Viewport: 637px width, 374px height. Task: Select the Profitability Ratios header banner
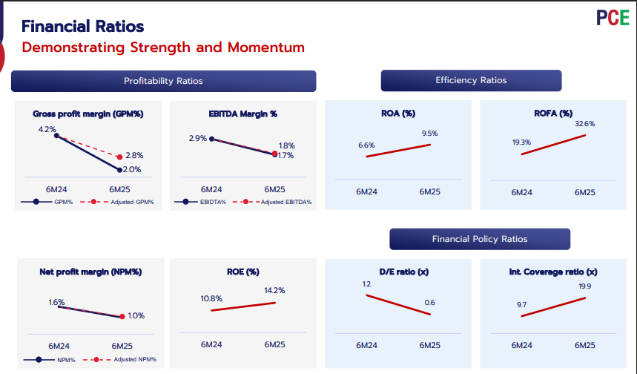163,81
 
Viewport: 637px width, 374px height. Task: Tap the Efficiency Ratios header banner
471,80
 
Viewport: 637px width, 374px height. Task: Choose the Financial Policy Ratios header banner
480,239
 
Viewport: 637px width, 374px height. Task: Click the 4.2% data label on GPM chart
47,129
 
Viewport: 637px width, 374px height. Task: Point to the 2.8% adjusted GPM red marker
119,157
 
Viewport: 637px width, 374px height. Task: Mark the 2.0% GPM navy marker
119,170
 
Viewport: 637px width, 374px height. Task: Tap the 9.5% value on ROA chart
430,134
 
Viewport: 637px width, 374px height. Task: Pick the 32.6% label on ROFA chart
585,124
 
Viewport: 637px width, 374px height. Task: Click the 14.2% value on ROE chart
274,290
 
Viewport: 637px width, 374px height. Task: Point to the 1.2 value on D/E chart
366,284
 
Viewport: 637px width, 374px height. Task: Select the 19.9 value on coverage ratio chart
585,286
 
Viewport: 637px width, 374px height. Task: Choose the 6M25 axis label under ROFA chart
585,192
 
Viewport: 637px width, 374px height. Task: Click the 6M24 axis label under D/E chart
366,345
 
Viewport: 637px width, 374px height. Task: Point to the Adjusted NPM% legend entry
134,360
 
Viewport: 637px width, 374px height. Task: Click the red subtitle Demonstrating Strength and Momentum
163,47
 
